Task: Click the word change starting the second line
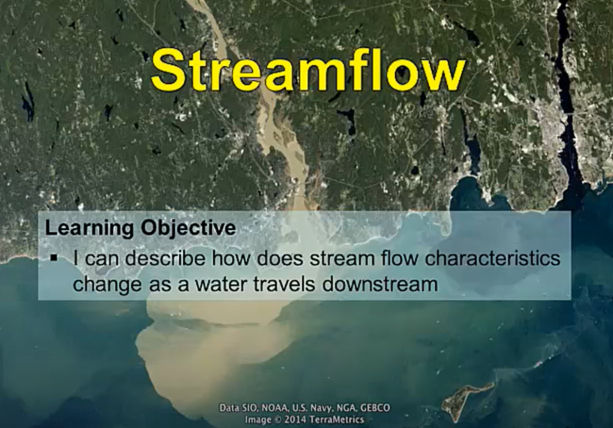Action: (x=105, y=281)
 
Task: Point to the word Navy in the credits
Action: (x=320, y=407)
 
